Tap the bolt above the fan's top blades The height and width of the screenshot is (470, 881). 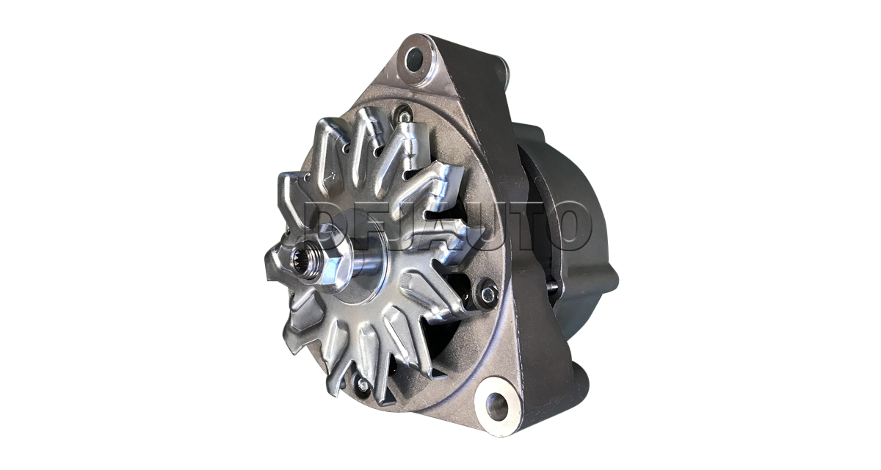pos(404,114)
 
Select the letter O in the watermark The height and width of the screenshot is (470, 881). pos(568,225)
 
